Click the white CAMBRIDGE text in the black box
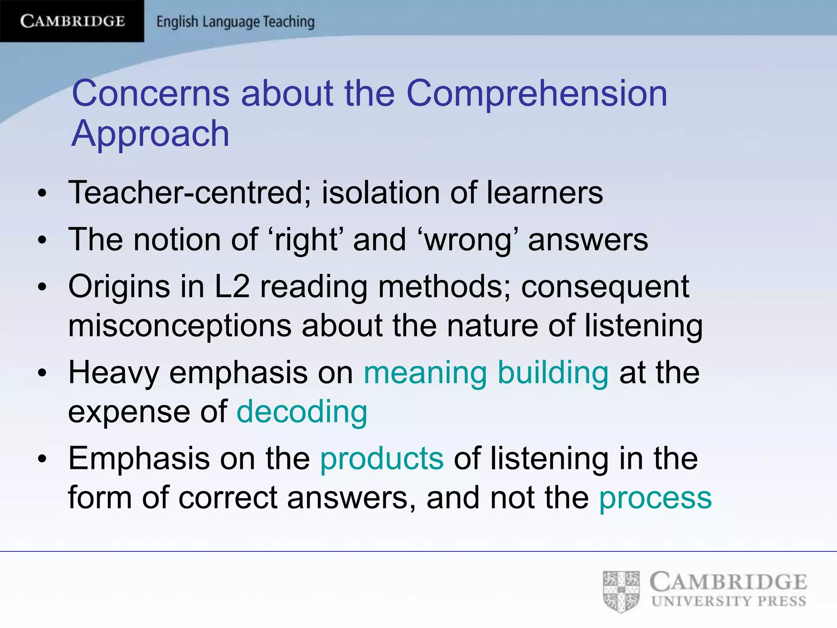tap(72, 21)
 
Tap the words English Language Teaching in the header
tap(235, 22)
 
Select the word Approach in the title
tap(150, 134)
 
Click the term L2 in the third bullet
tap(232, 286)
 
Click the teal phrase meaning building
tap(486, 372)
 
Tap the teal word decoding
tap(302, 411)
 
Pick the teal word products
tap(382, 458)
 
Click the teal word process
tap(655, 498)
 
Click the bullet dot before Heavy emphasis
tap(42, 373)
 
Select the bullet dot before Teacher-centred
tap(42, 193)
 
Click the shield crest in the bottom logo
tap(621, 591)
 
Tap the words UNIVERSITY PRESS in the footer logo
tap(729, 601)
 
